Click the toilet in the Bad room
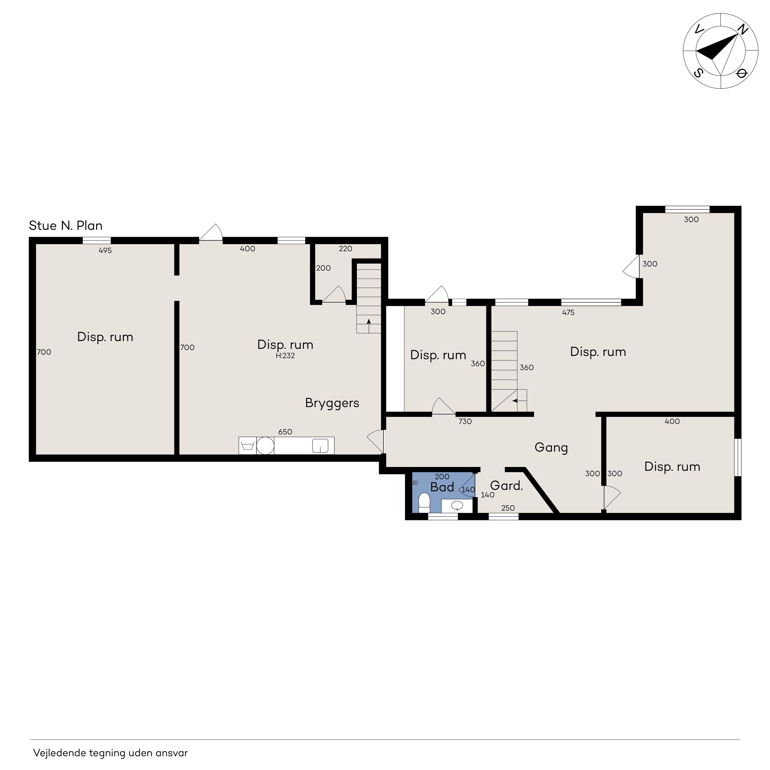[424, 503]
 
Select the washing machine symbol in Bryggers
[248, 446]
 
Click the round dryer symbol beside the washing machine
[265, 446]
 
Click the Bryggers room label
[332, 403]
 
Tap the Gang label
[551, 447]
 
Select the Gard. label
[506, 485]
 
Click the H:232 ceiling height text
[285, 356]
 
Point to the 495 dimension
[105, 251]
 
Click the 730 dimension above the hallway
[465, 421]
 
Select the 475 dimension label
[568, 312]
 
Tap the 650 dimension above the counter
[285, 431]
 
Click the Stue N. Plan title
[66, 226]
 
